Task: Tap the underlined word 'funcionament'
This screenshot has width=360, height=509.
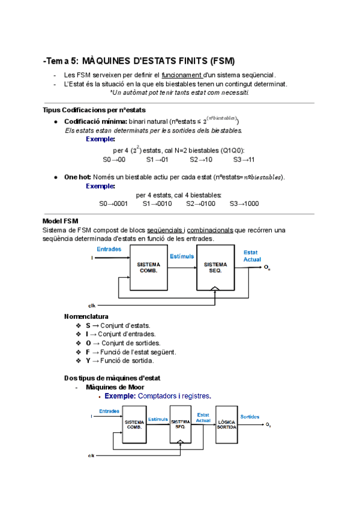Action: (178, 75)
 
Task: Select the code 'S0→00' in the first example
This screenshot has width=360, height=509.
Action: (114, 160)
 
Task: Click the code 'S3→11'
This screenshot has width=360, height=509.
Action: (244, 160)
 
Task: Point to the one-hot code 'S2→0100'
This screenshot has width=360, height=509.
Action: (200, 203)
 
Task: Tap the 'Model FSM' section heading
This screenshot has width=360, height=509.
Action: (61, 221)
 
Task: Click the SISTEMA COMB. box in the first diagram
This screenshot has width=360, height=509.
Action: (148, 268)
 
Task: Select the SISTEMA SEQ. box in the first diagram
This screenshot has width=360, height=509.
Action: (215, 268)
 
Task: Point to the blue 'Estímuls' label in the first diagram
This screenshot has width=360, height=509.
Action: (182, 256)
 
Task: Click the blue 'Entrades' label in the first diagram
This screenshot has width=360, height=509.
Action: (108, 248)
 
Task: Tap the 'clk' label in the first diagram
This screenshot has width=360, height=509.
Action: (92, 305)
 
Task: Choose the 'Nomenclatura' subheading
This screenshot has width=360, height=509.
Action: (86, 316)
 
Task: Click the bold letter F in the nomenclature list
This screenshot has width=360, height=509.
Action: (88, 352)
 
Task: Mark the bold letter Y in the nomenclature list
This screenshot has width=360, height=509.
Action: (88, 361)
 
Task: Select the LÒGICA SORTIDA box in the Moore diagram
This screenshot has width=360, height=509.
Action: (226, 424)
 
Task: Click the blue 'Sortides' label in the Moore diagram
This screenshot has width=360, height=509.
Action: (250, 416)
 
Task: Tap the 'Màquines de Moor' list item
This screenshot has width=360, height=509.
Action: (115, 387)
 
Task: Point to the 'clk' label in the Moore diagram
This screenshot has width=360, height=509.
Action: (91, 456)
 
